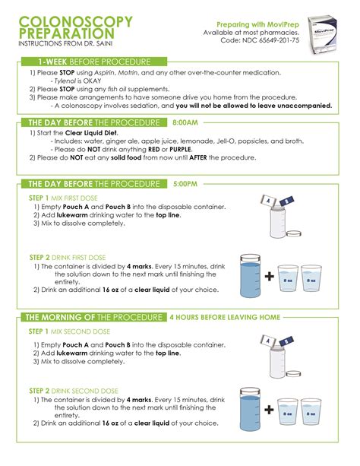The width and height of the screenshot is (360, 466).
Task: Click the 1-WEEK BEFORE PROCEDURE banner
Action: pyautogui.click(x=94, y=61)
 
